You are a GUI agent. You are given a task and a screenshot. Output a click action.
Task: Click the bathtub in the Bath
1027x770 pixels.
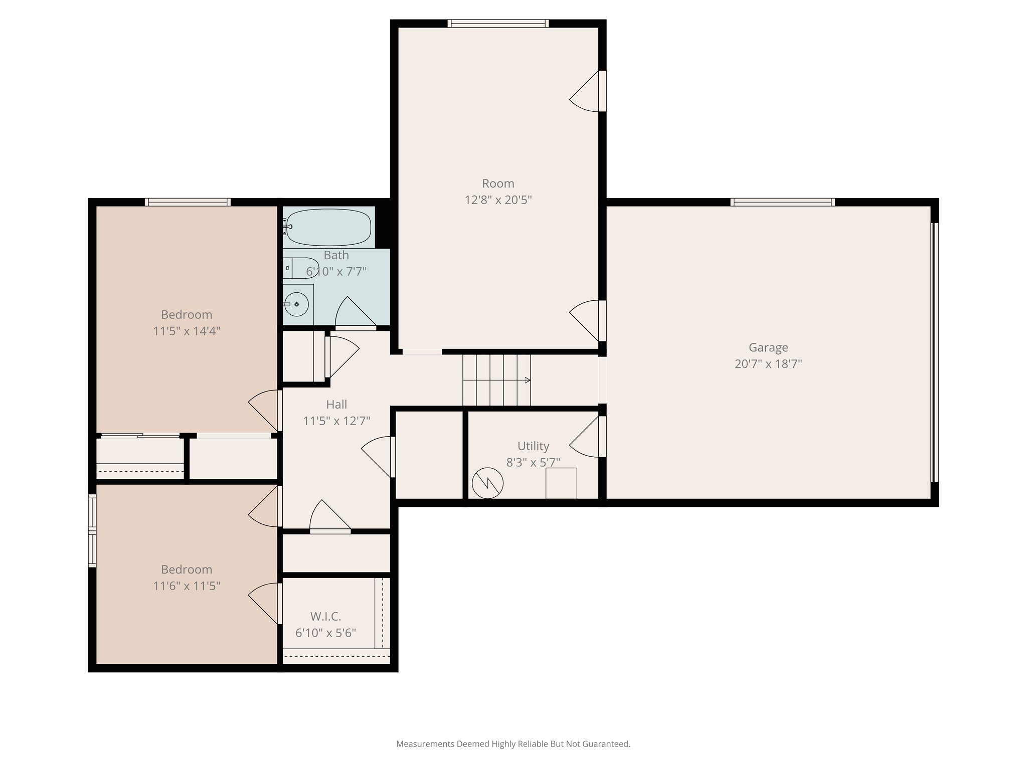tap(329, 228)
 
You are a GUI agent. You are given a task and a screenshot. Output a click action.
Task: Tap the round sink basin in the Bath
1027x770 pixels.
tap(297, 304)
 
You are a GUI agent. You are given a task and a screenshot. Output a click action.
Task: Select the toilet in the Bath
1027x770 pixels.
tap(300, 268)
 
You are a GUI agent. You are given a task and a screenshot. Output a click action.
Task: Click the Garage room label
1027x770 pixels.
tap(768, 347)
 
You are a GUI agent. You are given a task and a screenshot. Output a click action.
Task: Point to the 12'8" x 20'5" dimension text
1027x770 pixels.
tap(498, 200)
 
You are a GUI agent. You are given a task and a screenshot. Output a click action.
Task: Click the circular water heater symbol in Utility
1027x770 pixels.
tap(487, 483)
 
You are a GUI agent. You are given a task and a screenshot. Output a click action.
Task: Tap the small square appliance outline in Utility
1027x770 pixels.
tap(561, 483)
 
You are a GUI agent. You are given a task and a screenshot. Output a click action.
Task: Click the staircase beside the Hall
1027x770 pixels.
tap(496, 380)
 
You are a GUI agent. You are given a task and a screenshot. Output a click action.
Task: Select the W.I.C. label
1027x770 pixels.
tap(325, 616)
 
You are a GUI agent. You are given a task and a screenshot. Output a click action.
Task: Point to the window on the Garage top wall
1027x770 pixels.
tap(782, 202)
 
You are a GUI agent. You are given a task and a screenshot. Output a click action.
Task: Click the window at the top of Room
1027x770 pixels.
tap(498, 23)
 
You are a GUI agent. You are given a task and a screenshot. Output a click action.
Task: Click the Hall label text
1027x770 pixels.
tap(336, 404)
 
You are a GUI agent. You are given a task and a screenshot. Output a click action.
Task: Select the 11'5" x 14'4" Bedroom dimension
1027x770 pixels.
tap(187, 331)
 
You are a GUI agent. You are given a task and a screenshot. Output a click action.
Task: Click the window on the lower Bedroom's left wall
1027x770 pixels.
tap(92, 530)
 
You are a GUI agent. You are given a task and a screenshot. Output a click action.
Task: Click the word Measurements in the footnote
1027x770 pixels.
tap(425, 744)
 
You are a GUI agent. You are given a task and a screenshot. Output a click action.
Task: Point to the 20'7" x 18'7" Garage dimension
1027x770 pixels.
tap(768, 364)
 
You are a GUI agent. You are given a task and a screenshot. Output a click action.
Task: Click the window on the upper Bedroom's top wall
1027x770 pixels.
tap(188, 202)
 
